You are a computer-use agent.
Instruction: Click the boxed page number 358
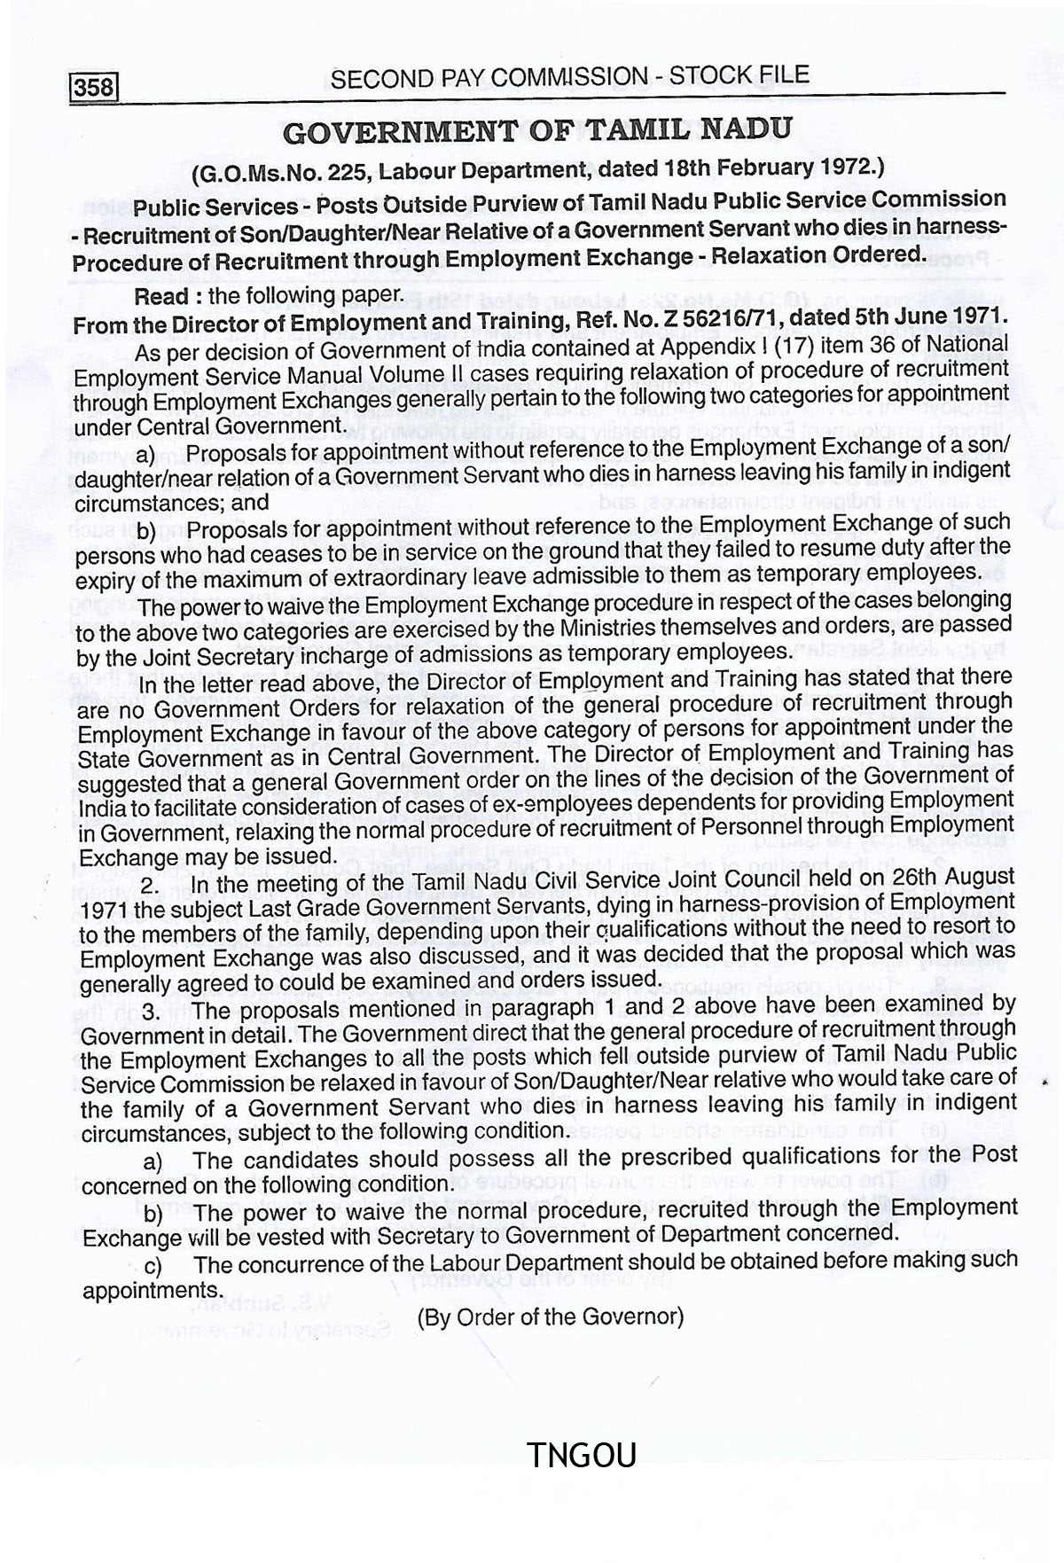point(94,88)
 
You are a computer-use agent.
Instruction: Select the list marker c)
point(153,1266)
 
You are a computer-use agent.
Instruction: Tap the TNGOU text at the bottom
point(582,1454)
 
